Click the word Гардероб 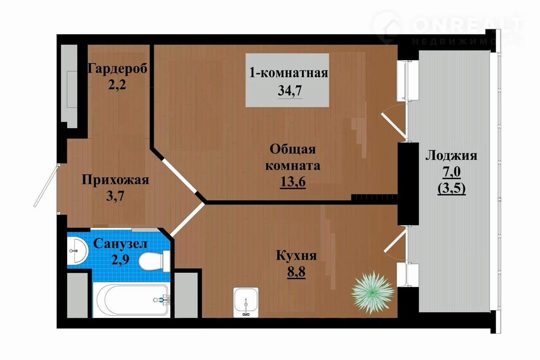117,69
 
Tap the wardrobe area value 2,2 117,85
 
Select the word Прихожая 116,180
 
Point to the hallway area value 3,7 115,196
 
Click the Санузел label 120,244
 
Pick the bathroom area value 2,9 120,260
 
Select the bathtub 132,300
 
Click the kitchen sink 246,302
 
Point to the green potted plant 373,292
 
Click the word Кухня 296,255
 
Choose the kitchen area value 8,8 296,271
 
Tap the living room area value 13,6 293,182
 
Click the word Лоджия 451,156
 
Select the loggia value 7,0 451,172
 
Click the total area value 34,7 289,91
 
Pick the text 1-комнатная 289,73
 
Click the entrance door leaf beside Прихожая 46,185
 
